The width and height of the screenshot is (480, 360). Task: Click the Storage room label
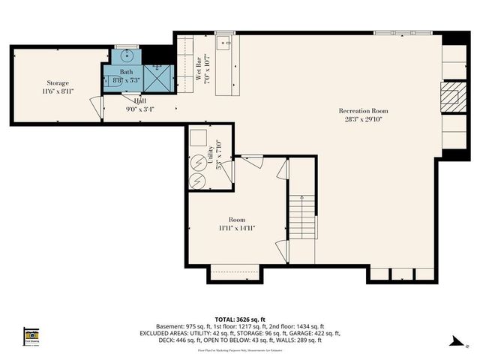click(x=58, y=83)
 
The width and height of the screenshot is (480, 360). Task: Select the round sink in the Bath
click(x=125, y=55)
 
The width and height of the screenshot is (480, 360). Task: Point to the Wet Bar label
click(x=200, y=67)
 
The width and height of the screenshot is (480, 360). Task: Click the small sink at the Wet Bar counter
click(x=223, y=43)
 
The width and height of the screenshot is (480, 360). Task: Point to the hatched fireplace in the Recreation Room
click(x=448, y=96)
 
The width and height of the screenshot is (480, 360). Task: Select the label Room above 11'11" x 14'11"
click(x=236, y=219)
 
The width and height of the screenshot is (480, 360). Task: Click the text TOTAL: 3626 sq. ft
click(x=240, y=319)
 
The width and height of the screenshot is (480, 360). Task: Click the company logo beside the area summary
click(x=31, y=336)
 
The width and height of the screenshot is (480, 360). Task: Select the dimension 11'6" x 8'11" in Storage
click(x=58, y=92)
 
